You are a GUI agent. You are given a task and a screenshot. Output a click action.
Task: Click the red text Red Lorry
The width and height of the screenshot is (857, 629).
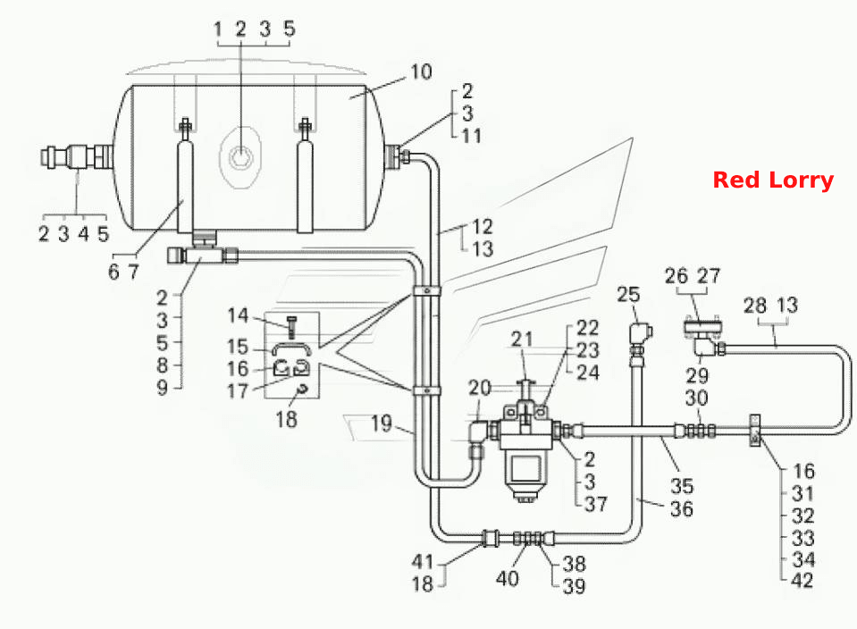[x=773, y=180]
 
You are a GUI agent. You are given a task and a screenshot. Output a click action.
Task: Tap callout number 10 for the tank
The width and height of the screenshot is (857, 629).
[x=421, y=71]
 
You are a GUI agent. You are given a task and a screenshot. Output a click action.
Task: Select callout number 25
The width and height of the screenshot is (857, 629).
[x=628, y=295]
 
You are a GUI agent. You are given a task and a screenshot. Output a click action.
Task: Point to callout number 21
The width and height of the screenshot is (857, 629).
[x=522, y=340]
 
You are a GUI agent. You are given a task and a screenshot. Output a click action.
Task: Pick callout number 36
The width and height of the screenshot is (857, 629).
[x=682, y=508]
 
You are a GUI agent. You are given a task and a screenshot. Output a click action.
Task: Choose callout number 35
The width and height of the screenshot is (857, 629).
[x=682, y=486]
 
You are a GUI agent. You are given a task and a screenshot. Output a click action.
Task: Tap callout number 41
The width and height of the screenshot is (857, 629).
[x=423, y=561]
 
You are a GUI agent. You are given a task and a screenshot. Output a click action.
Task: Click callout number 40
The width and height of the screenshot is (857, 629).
[x=507, y=578]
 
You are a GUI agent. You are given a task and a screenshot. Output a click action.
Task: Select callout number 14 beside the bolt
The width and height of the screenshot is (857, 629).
[x=238, y=315]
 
